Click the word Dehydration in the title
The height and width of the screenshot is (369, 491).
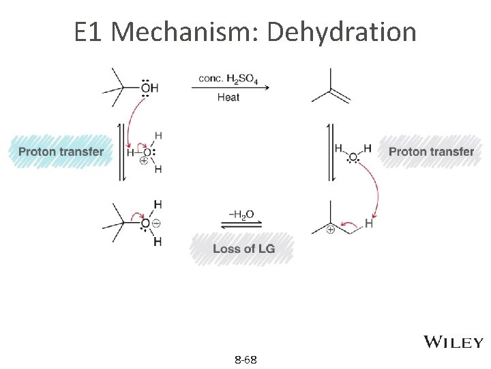coord(342,32)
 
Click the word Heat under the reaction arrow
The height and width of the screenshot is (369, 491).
coord(228,98)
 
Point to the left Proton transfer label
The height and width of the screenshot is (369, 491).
coord(61,152)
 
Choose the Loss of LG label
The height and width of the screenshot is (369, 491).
coord(243,249)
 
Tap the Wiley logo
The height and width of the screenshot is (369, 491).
coord(454,342)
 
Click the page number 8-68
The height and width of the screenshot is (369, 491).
coord(245,359)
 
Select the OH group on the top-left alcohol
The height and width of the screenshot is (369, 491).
coord(149,87)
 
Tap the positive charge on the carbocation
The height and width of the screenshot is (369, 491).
coord(330,230)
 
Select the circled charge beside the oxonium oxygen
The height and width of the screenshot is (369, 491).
coord(155,223)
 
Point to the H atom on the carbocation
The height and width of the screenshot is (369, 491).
coord(369,223)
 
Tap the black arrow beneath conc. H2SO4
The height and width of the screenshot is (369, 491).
coord(228,87)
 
